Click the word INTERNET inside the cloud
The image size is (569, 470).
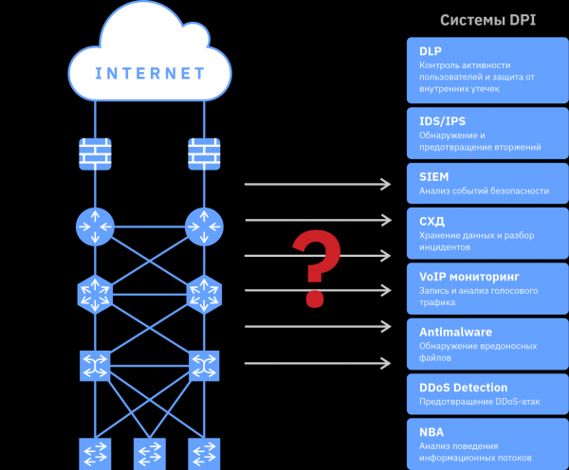click(150, 73)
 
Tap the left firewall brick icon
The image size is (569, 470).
click(95, 154)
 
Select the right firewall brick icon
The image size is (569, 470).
click(204, 154)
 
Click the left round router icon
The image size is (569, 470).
click(95, 226)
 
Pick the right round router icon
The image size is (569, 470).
click(204, 226)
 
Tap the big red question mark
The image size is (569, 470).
click(316, 270)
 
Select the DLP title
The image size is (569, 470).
click(431, 50)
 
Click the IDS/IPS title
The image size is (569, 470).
click(442, 121)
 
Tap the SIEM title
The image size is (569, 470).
click(434, 176)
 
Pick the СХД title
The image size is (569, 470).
click(431, 221)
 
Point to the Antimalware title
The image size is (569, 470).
click(454, 332)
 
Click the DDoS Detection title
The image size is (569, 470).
click(463, 388)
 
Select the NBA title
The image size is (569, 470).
click(431, 432)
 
